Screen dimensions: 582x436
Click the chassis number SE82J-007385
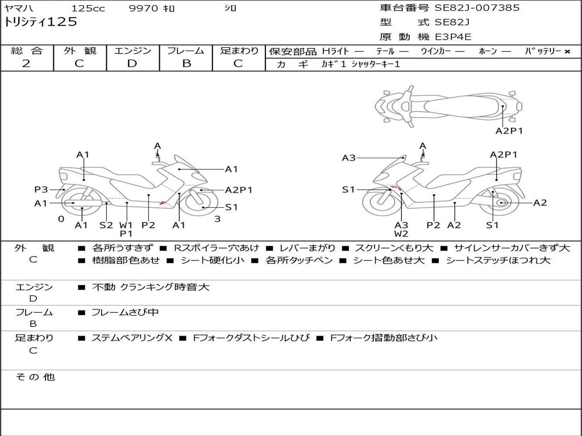[x=477, y=8]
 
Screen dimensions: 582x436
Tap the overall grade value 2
[x=26, y=64]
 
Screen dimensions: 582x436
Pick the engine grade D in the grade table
[x=132, y=64]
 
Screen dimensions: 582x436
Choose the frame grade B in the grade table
[x=186, y=64]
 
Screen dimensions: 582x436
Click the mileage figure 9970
[x=145, y=9]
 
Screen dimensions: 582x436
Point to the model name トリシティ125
[x=41, y=22]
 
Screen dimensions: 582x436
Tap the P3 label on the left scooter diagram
[x=41, y=190]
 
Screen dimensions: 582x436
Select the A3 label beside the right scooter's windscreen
[x=348, y=158]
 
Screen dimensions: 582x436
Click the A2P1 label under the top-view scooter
[x=509, y=131]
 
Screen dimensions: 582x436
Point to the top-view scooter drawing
[x=448, y=106]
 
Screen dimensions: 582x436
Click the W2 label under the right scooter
[x=401, y=233]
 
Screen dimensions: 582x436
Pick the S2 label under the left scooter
[x=106, y=225]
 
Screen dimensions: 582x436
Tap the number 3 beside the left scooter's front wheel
[x=217, y=219]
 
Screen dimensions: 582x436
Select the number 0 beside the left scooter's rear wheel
[x=61, y=219]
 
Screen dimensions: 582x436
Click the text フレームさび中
[x=125, y=312]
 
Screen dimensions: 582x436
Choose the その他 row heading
[x=35, y=377]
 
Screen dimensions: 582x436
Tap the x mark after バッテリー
[x=567, y=52]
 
